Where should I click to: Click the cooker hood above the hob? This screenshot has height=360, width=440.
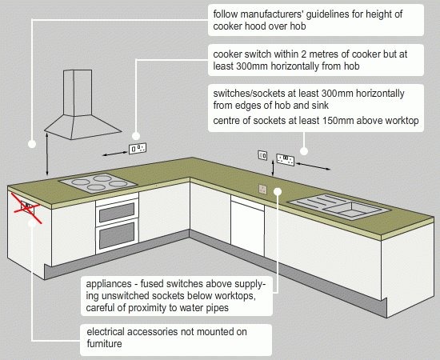coord(82,106)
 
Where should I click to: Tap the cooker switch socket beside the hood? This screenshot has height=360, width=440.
coord(138,149)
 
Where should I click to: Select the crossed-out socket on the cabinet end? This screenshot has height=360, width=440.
coord(27,208)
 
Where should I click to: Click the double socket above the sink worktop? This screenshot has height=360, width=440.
coord(285,160)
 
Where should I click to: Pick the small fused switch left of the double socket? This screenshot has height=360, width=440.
coord(262,155)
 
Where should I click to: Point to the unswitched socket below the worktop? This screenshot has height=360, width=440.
coord(262,189)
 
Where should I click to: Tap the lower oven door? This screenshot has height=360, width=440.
coord(117,236)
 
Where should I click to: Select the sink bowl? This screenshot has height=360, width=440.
coord(352,209)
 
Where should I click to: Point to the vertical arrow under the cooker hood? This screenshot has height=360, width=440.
coord(47,154)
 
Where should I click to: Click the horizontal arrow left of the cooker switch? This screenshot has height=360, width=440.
coord(114,154)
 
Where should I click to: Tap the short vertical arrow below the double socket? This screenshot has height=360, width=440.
coord(273,168)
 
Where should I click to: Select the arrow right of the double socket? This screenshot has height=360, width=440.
coord(313,166)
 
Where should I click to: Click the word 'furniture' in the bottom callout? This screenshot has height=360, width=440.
coord(104,343)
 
